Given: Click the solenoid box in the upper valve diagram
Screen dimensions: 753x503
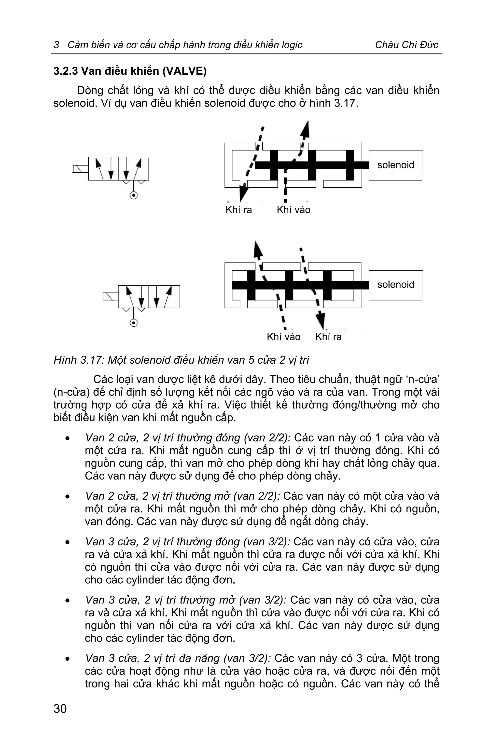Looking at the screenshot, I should [x=395, y=165].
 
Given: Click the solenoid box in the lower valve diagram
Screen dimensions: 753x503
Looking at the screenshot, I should [x=395, y=285].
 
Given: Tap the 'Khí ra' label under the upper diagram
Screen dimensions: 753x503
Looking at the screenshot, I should [x=239, y=210].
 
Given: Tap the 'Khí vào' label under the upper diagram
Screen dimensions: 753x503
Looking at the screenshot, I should [x=293, y=210].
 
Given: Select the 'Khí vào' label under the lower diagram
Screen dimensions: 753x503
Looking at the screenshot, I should [x=284, y=337].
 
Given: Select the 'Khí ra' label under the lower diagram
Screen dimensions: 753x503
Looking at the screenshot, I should [x=328, y=337].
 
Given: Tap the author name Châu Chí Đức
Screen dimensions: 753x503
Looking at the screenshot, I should [x=406, y=45].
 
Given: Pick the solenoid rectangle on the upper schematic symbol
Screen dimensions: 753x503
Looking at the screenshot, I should [x=81, y=169].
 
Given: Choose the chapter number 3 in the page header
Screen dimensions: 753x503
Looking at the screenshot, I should [x=56, y=45].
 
